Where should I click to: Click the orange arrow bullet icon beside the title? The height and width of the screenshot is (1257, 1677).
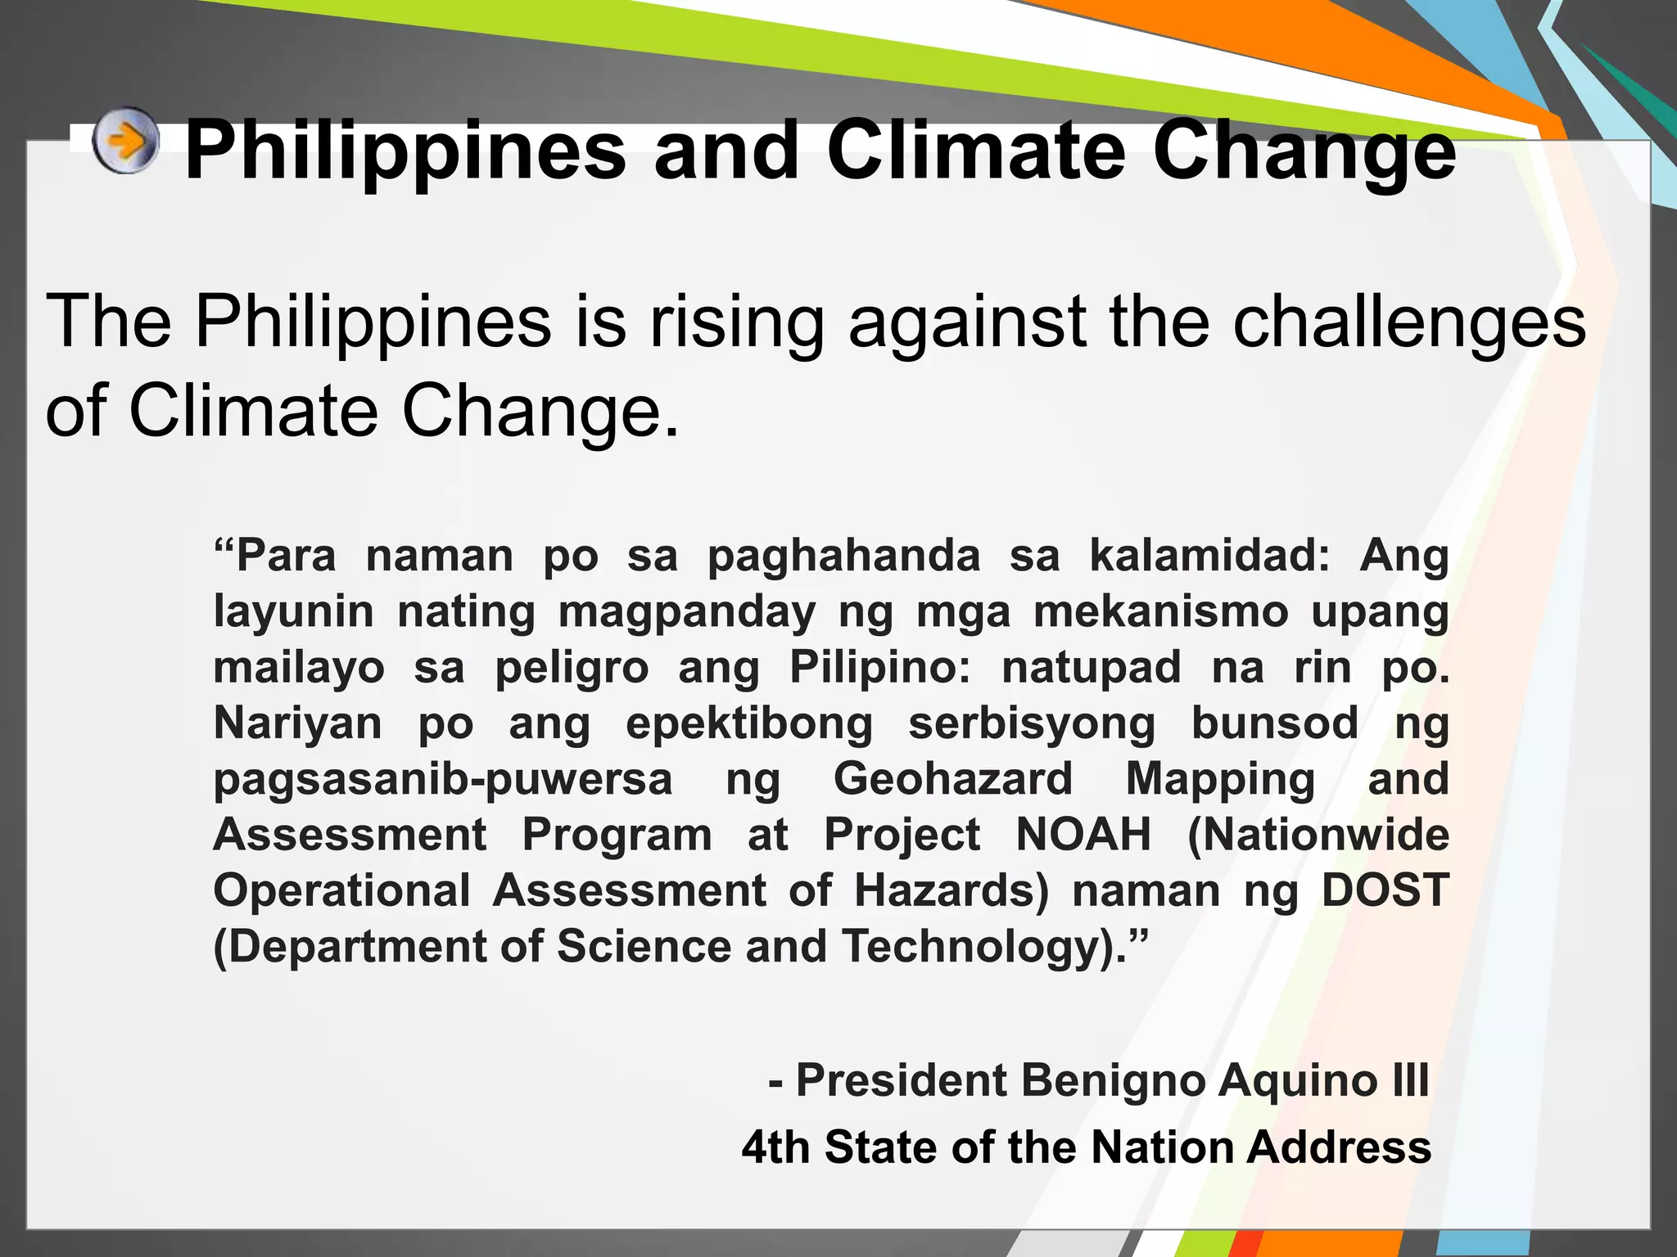125,141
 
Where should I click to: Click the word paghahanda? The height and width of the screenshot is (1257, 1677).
843,557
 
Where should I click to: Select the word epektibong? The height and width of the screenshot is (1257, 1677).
749,724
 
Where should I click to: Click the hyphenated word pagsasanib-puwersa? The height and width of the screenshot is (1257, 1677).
443,779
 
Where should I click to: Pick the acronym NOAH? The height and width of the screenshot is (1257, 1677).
1083,835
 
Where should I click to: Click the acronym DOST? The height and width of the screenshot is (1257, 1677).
1385,890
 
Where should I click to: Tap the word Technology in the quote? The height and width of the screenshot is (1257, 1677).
978,947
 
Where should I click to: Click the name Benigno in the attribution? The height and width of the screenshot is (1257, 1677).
1114,1080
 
